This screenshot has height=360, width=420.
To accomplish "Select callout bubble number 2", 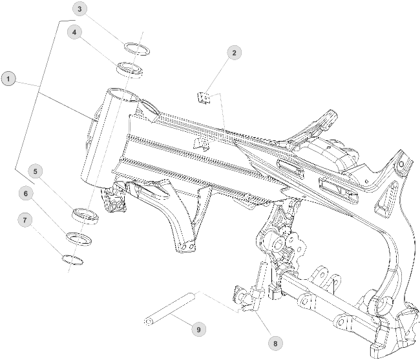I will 233,52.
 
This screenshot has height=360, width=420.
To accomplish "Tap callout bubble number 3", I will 79,9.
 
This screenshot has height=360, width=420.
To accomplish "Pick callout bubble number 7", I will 25,220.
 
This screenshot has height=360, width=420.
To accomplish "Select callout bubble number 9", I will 199,329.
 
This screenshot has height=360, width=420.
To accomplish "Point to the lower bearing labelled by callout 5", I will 85,216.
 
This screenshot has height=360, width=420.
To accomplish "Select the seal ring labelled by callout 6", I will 79,238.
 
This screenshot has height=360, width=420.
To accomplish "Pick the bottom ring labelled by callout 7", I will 73,259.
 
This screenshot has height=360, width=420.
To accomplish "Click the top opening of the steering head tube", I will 122,94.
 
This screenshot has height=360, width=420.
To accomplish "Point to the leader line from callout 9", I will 182,321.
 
